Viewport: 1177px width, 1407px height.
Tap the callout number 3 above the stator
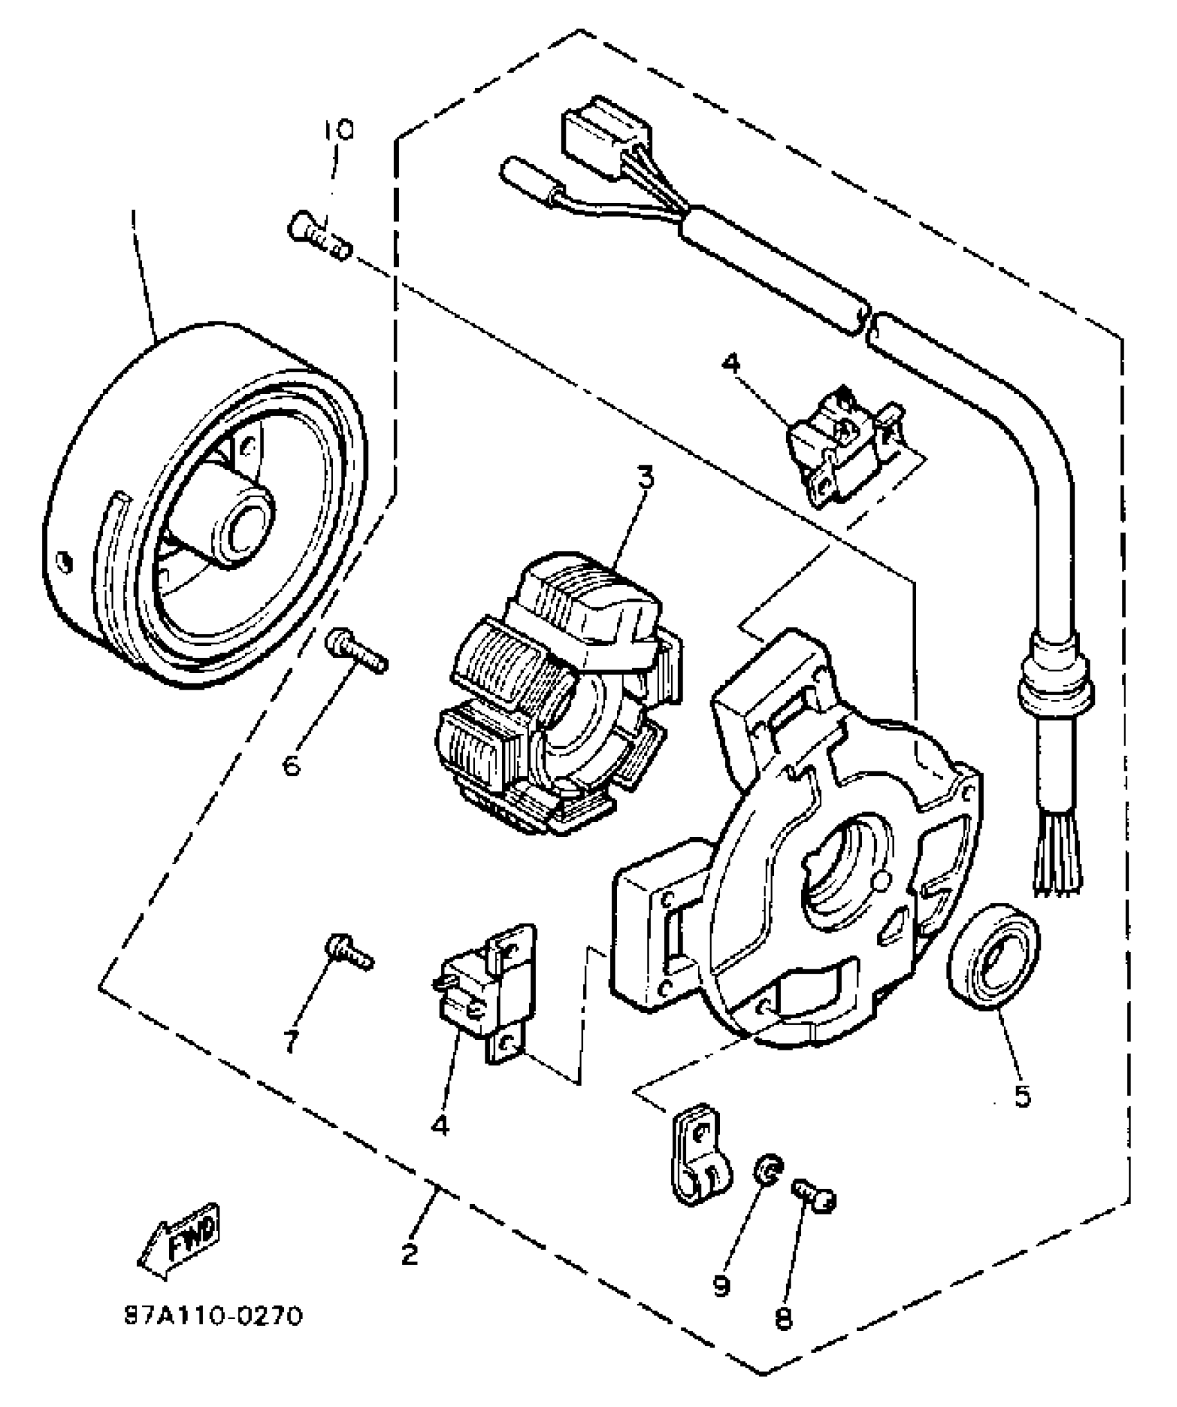(645, 477)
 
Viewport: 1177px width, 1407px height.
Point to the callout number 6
(291, 766)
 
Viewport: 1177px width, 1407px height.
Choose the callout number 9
(721, 1285)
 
